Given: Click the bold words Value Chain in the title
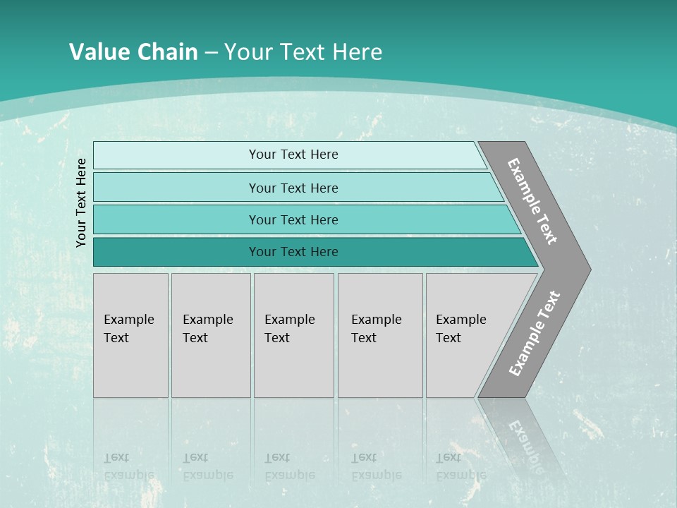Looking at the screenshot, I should point(133,52).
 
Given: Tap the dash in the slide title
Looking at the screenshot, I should point(210,52).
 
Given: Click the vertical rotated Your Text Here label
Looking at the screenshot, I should point(81,202).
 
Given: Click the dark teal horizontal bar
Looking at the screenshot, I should point(176,252).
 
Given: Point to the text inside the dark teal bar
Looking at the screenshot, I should point(293,252).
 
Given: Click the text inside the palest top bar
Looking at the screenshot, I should point(293,155).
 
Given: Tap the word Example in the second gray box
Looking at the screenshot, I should point(207,320).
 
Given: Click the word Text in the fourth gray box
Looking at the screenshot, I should point(364,338).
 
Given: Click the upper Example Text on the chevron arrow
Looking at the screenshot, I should point(532,201).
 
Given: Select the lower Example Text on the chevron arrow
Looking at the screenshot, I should point(534,334).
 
